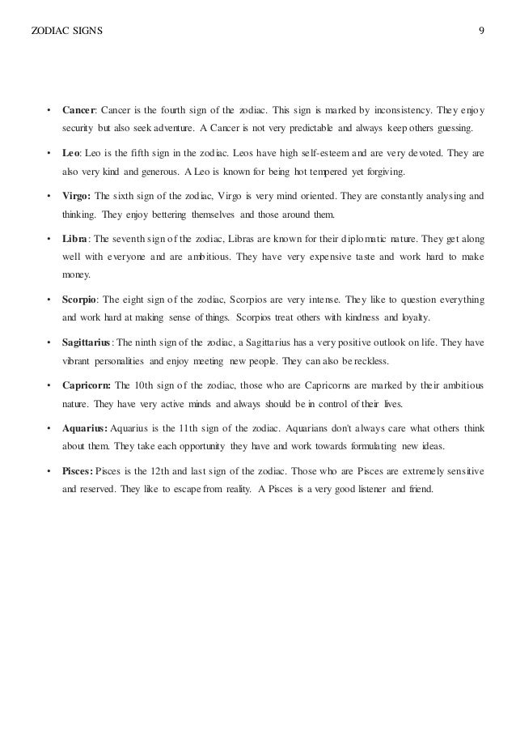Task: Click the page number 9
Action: tap(481, 32)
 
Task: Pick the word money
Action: tap(74, 274)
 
